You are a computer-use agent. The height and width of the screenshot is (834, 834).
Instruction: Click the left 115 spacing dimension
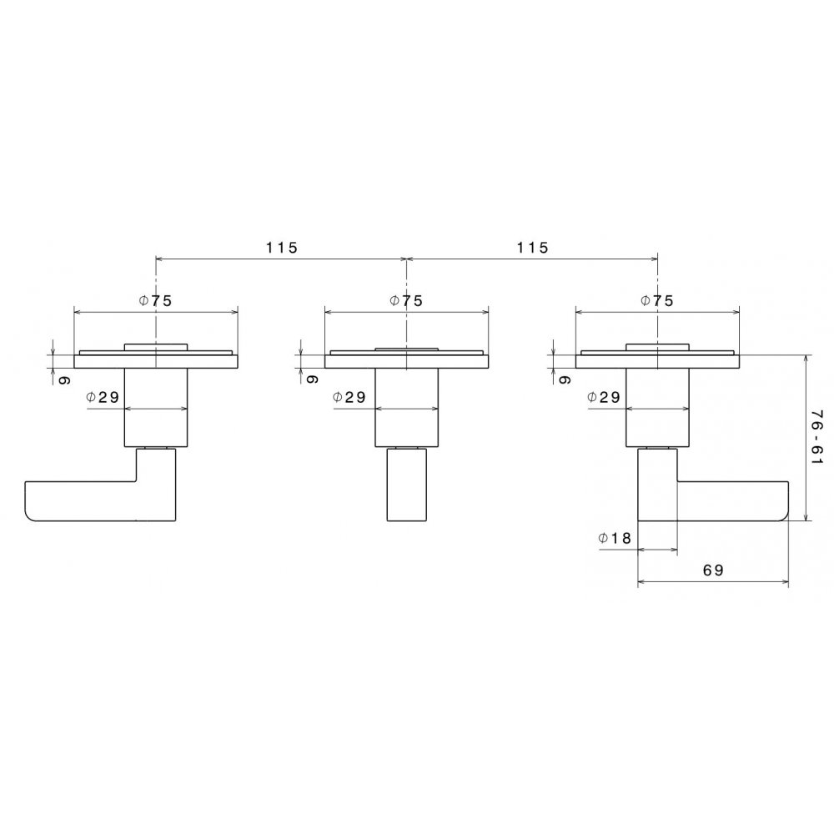[x=282, y=248]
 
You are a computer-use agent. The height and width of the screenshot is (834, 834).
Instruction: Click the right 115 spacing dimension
[x=532, y=248]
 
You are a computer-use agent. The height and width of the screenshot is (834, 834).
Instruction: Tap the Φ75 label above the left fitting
[x=155, y=300]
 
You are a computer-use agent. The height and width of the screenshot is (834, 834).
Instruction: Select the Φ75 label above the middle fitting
[x=406, y=300]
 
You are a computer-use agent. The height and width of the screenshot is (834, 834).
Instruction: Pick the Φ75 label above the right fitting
[x=657, y=300]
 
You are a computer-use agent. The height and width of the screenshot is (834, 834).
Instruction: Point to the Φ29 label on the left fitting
[x=103, y=397]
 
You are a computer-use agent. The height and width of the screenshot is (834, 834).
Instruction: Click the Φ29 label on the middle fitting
[x=349, y=397]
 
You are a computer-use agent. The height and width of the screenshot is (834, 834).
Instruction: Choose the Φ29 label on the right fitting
[x=604, y=397]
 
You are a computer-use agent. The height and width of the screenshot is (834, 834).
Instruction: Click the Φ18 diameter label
[x=615, y=538]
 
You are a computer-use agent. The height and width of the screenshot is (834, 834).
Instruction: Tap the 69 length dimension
[x=713, y=570]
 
